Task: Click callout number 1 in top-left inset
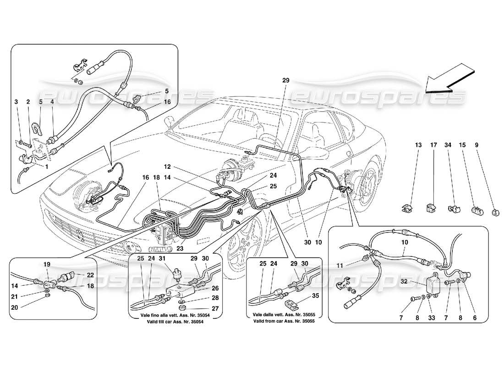47,167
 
